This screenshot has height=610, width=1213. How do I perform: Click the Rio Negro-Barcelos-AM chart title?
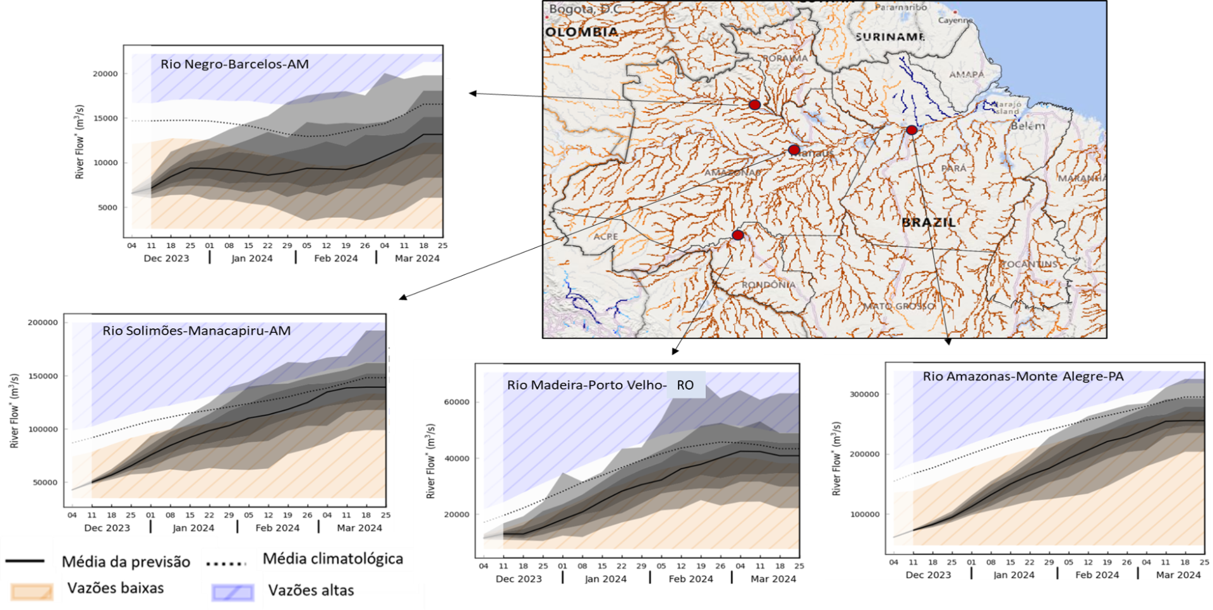(234, 64)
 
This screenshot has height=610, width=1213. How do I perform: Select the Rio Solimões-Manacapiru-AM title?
(196, 331)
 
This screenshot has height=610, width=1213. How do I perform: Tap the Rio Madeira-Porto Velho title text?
(586, 385)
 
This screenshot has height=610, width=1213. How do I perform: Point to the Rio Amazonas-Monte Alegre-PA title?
(1023, 376)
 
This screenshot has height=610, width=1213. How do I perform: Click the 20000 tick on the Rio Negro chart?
(106, 74)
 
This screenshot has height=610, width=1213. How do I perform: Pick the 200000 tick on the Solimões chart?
(42, 322)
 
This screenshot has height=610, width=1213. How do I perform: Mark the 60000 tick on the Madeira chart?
(457, 402)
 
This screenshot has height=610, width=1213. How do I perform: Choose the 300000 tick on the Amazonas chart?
(864, 394)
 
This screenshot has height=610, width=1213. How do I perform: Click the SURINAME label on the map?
(890, 37)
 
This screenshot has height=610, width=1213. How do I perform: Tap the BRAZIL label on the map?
(928, 222)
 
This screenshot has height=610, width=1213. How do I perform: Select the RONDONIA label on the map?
(768, 285)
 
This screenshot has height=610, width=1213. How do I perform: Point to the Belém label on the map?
(1028, 126)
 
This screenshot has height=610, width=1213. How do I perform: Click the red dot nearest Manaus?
(794, 150)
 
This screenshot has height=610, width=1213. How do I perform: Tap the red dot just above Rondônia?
(737, 235)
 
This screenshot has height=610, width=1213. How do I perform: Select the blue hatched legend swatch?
(232, 592)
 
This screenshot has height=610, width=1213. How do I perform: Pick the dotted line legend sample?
(226, 563)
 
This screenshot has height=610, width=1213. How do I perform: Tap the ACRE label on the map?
(605, 236)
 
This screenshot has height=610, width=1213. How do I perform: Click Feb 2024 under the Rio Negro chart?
(335, 258)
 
